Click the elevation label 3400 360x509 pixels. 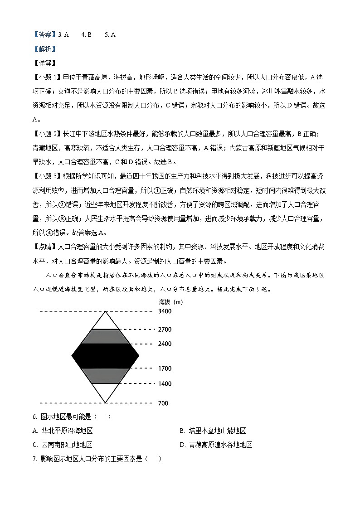tap(165, 311)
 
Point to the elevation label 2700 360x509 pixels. tap(165, 330)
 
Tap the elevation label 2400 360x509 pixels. tap(165, 344)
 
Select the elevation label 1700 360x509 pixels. tap(165, 369)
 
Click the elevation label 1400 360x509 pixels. tap(165, 384)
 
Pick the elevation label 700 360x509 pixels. tap(163, 403)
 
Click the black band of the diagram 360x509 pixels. tap(105, 356)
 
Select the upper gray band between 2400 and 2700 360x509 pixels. tap(105, 336)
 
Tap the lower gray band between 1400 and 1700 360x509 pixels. tap(105, 376)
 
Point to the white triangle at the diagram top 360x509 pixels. tap(105, 322)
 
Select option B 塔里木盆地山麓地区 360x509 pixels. tap(213, 431)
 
